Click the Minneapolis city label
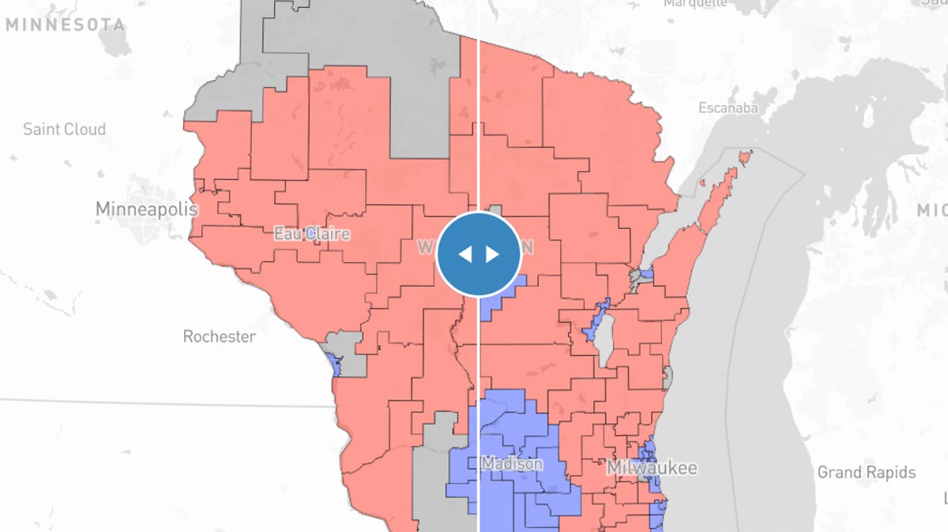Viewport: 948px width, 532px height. coord(146,209)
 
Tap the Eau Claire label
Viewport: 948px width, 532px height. coord(311,234)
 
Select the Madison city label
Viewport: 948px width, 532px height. coord(511,463)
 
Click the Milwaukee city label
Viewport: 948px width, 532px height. coord(652,468)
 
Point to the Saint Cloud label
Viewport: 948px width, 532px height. coord(64,129)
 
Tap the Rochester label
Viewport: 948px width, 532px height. coord(219,336)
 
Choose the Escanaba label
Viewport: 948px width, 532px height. coord(728,107)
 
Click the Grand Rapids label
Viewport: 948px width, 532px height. coord(866,472)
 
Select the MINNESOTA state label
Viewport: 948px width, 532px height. coord(65,25)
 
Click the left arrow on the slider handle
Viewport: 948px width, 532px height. coord(465,253)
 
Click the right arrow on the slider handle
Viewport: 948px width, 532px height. coord(492,253)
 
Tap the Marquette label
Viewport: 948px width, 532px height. coord(695,3)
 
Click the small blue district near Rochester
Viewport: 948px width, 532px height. coord(332,365)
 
